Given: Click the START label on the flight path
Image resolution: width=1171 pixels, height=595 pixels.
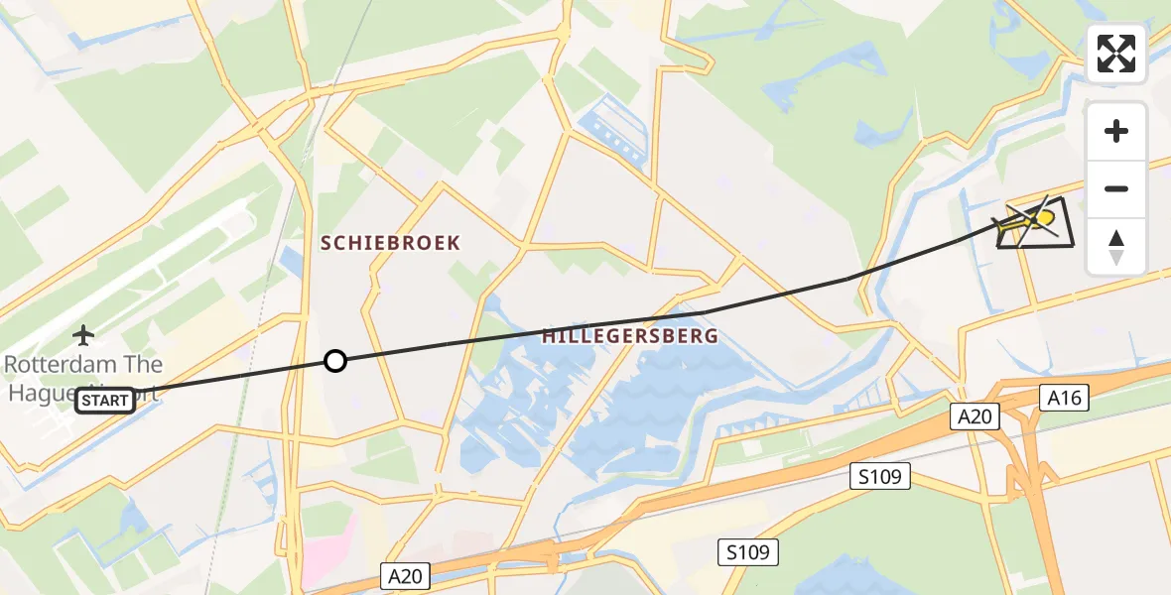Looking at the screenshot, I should [x=105, y=401].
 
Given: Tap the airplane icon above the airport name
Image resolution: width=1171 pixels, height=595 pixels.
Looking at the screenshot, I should [x=83, y=335].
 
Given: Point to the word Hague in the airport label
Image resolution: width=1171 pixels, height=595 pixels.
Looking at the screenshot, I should [x=40, y=391].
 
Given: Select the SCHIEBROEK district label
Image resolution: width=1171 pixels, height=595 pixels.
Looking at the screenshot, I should [x=390, y=243].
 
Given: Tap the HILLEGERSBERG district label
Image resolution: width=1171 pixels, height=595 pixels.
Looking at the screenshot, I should [x=630, y=336].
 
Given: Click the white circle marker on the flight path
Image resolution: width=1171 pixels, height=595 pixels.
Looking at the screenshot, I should [x=335, y=361].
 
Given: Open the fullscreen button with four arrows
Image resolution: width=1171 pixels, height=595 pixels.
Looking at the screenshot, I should [x=1116, y=54].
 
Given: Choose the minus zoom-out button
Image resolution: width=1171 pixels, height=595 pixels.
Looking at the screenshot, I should [x=1116, y=188].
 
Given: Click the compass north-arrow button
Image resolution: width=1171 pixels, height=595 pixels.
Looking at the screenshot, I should [x=1116, y=246].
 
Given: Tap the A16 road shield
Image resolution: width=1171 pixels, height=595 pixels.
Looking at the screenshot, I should [x=1067, y=399].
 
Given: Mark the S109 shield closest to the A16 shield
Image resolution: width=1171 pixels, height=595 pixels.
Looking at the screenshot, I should [x=880, y=477].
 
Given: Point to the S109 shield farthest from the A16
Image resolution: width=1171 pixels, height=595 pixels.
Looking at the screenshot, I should [x=748, y=552].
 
